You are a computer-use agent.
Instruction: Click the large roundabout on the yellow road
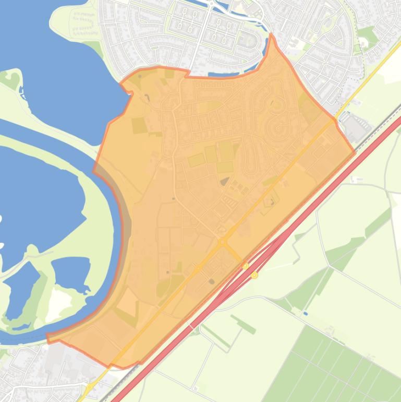click(223, 242)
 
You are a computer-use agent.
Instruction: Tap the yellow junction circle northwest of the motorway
click(246, 266)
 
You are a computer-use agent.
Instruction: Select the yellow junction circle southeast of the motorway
click(254, 275)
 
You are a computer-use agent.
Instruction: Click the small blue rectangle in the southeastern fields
click(305, 314)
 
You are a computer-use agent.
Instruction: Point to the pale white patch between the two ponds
click(59, 302)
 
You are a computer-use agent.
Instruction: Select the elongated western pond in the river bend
click(21, 292)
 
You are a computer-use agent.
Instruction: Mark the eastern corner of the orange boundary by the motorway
click(355, 152)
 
